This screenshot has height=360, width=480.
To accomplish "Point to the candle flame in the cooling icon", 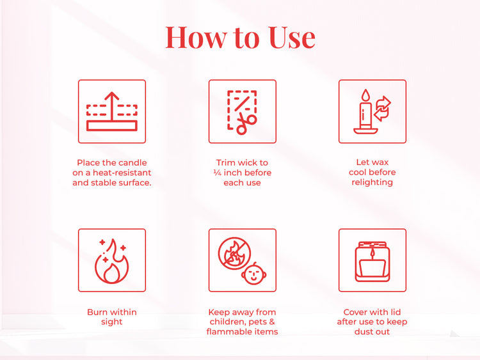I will [365, 96].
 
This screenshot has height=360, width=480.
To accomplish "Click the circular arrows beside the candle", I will [382, 109].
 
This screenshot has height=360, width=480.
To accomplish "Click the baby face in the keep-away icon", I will [255, 274].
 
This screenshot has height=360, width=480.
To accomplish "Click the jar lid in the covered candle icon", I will [372, 245].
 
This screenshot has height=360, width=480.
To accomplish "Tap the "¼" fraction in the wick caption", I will [218, 173].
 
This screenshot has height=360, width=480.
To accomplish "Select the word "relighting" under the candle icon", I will [372, 182].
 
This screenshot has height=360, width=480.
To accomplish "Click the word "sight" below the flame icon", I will [112, 322].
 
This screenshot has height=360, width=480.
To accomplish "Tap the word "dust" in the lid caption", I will [364, 331].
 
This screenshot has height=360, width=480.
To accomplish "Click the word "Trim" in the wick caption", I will [227, 163].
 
